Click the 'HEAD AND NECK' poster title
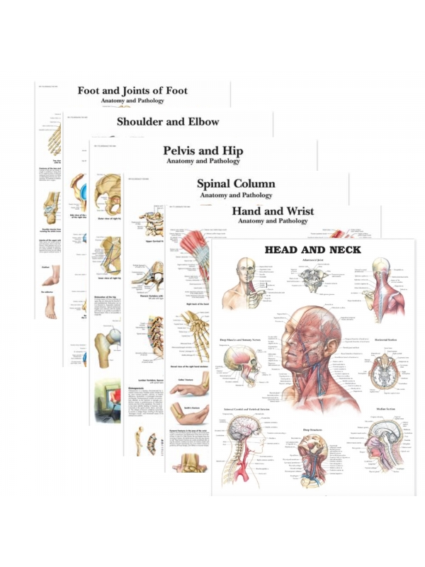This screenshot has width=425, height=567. click(x=312, y=250)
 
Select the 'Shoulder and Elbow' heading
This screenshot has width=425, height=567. click(x=168, y=121)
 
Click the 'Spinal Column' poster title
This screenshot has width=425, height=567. click(x=236, y=184)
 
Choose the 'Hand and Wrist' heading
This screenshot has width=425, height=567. click(x=273, y=211)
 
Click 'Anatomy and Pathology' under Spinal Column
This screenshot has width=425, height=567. click(x=236, y=195)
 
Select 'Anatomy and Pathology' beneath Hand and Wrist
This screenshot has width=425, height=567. click(x=273, y=221)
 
